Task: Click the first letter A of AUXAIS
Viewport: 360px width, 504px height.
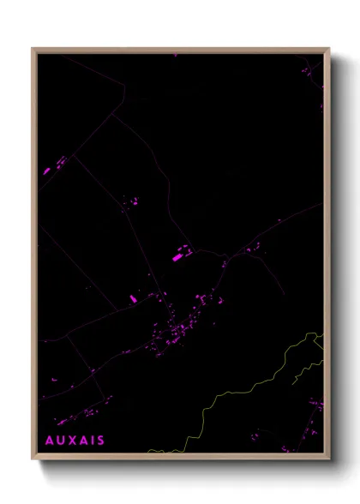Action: click(49, 441)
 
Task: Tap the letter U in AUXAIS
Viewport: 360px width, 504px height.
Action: click(61, 441)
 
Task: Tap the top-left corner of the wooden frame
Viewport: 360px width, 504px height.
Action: click(33, 49)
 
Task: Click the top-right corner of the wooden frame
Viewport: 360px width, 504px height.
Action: click(329, 49)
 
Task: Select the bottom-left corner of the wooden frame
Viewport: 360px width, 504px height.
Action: click(33, 459)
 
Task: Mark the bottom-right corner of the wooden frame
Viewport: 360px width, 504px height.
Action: click(329, 459)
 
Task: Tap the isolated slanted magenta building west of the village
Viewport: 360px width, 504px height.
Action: click(134, 299)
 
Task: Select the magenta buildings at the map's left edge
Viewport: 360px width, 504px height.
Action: click(48, 170)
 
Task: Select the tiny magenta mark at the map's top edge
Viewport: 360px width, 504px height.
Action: click(175, 55)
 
